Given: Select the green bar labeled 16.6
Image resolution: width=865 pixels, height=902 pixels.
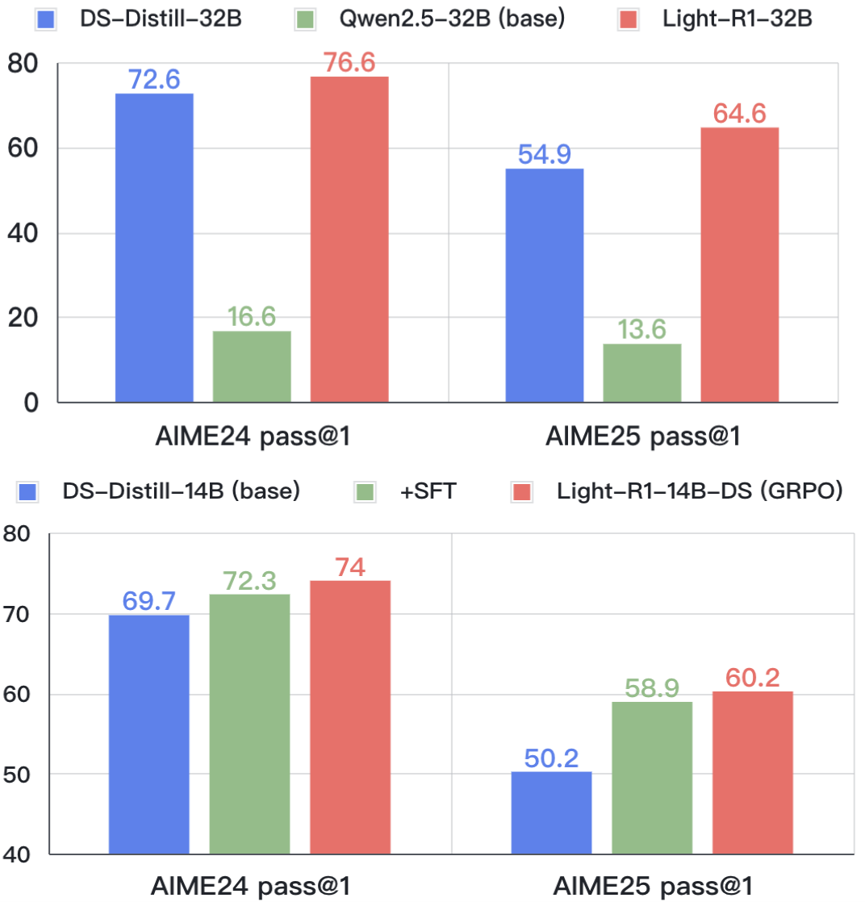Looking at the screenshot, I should click(x=252, y=366).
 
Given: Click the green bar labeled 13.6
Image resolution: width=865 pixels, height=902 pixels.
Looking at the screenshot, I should click(x=641, y=373).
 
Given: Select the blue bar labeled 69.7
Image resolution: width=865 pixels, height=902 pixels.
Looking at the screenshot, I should click(x=149, y=734).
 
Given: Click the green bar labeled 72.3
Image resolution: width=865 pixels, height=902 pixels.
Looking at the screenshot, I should click(x=249, y=724).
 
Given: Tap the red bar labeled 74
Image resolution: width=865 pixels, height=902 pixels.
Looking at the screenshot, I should click(x=350, y=717).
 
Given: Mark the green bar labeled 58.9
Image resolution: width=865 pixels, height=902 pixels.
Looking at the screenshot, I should click(x=652, y=778).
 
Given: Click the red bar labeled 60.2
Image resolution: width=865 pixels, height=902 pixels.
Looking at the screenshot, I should click(x=753, y=772).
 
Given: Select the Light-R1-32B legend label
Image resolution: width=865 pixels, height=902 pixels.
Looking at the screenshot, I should click(x=734, y=19).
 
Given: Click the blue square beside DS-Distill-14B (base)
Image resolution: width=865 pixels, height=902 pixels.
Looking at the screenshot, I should click(x=31, y=491).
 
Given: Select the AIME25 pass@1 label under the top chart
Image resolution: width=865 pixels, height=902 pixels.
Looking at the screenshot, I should click(x=643, y=437).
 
